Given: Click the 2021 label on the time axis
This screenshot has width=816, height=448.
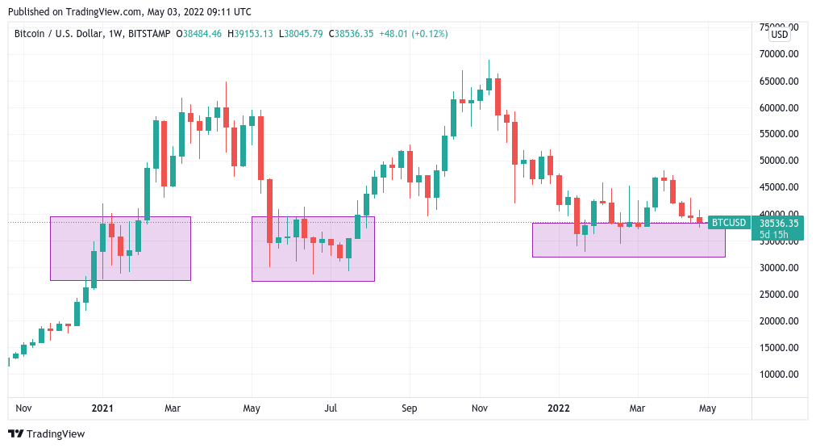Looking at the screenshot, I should click(x=102, y=408).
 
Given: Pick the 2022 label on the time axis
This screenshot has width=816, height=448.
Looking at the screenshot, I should click(x=557, y=408).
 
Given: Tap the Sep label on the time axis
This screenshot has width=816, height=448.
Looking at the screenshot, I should click(x=410, y=408).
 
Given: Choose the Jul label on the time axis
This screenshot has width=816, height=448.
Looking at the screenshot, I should click(x=331, y=408).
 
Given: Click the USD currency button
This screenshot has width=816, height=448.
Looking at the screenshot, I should click(x=780, y=35).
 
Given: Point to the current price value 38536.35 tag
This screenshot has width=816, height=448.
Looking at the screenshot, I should click(x=779, y=223).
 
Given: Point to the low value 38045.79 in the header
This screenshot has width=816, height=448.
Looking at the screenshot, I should click(x=304, y=34).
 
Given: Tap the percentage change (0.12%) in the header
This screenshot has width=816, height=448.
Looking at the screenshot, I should click(x=429, y=34).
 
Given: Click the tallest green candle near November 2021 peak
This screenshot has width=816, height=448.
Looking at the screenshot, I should click(x=489, y=83).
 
